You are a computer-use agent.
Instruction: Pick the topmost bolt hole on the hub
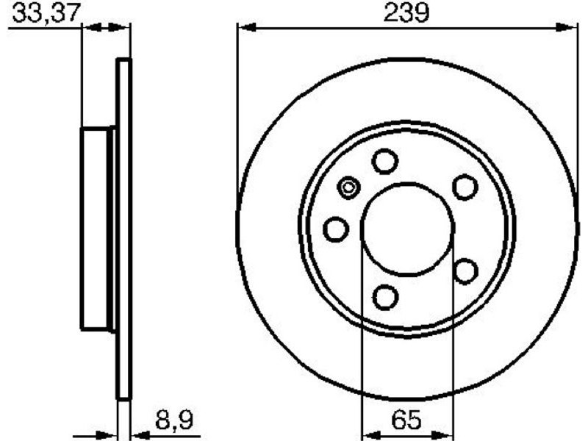[x=384, y=161]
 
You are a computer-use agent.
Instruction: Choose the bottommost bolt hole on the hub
[x=385, y=298]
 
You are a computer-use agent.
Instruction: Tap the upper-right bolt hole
[x=465, y=187]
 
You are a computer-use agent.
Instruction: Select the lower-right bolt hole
[x=465, y=270]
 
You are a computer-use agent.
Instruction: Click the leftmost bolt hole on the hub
[x=336, y=229]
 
